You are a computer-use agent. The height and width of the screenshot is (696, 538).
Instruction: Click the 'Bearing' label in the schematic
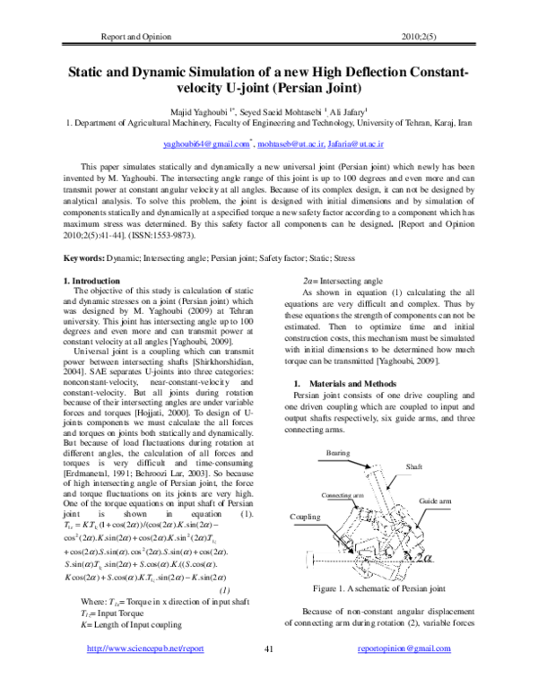[338, 453]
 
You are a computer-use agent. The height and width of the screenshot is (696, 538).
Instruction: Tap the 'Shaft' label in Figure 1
[415, 467]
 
